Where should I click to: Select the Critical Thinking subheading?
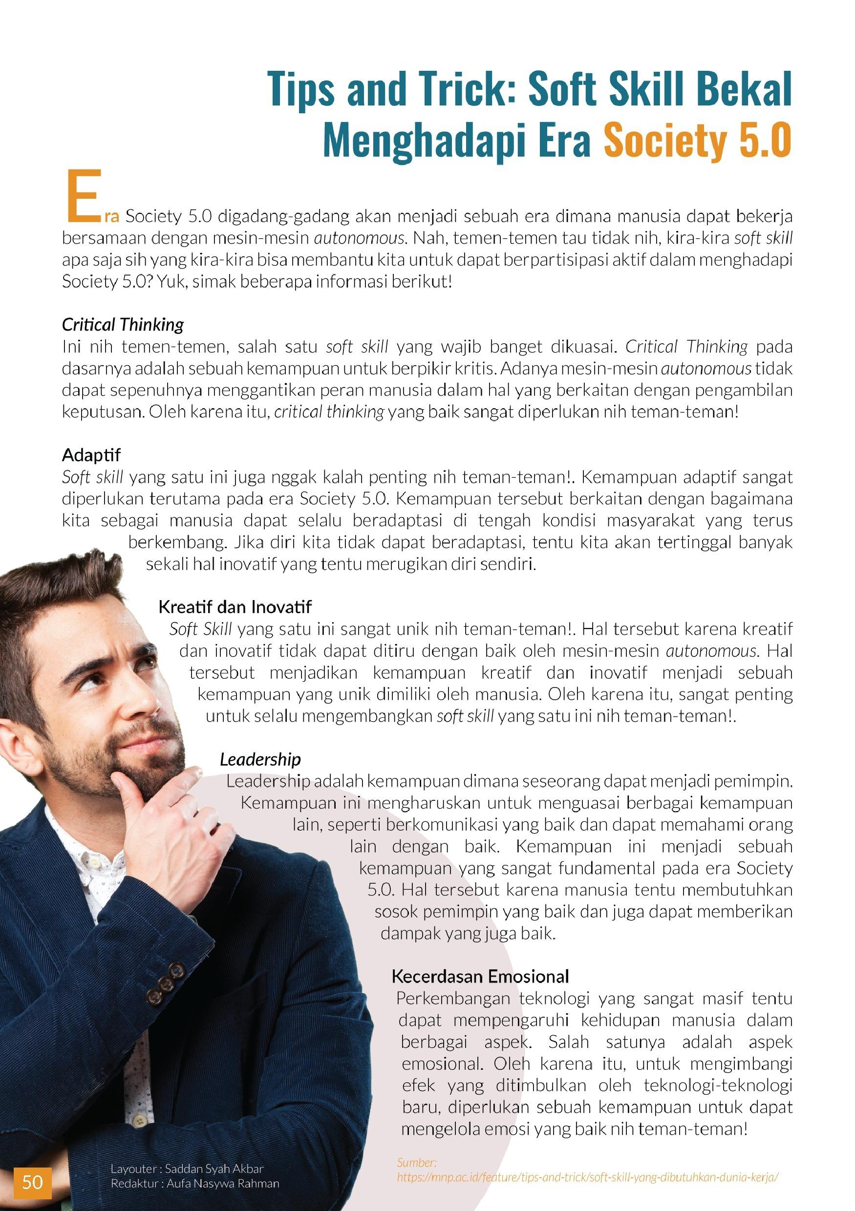click(123, 324)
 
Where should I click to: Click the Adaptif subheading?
click(91, 455)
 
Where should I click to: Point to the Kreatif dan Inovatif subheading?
click(235, 606)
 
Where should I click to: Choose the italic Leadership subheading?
click(260, 759)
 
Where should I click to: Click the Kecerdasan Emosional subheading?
click(480, 976)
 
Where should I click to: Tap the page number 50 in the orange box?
click(32, 1182)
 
